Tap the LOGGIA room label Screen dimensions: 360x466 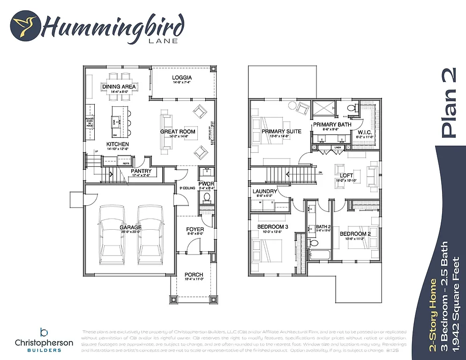[x=182, y=77]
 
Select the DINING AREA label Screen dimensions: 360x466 [x=119, y=87]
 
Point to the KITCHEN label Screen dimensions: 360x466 [x=117, y=144]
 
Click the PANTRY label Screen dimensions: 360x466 [x=141, y=172]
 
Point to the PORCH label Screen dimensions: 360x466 [x=194, y=275]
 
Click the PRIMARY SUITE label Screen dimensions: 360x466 [x=281, y=131]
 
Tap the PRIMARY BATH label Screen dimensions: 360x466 [x=332, y=125]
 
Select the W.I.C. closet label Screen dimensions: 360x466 [x=365, y=132]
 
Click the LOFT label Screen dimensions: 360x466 [x=346, y=175]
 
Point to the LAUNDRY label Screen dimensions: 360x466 [x=265, y=191]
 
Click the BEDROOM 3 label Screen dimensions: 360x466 [x=272, y=227]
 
